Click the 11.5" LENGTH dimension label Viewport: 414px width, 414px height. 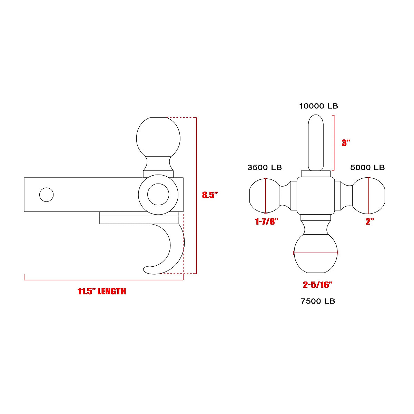(x=102, y=292)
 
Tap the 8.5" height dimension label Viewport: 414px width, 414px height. (x=210, y=195)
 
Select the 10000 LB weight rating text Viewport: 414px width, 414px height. (x=318, y=106)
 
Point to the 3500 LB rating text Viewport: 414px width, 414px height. (x=265, y=168)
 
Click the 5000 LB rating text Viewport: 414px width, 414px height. (x=367, y=168)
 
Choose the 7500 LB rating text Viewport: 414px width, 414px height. (x=318, y=301)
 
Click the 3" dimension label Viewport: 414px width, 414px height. (x=346, y=143)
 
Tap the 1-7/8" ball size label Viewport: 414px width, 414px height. (x=266, y=222)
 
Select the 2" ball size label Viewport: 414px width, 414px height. (x=370, y=222)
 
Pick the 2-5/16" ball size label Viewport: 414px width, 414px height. (x=317, y=285)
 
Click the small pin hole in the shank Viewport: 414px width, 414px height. (x=47, y=195)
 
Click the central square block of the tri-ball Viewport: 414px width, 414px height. (x=316, y=195)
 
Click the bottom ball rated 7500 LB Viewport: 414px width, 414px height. (x=315, y=255)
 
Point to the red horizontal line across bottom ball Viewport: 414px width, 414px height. (x=315, y=253)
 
